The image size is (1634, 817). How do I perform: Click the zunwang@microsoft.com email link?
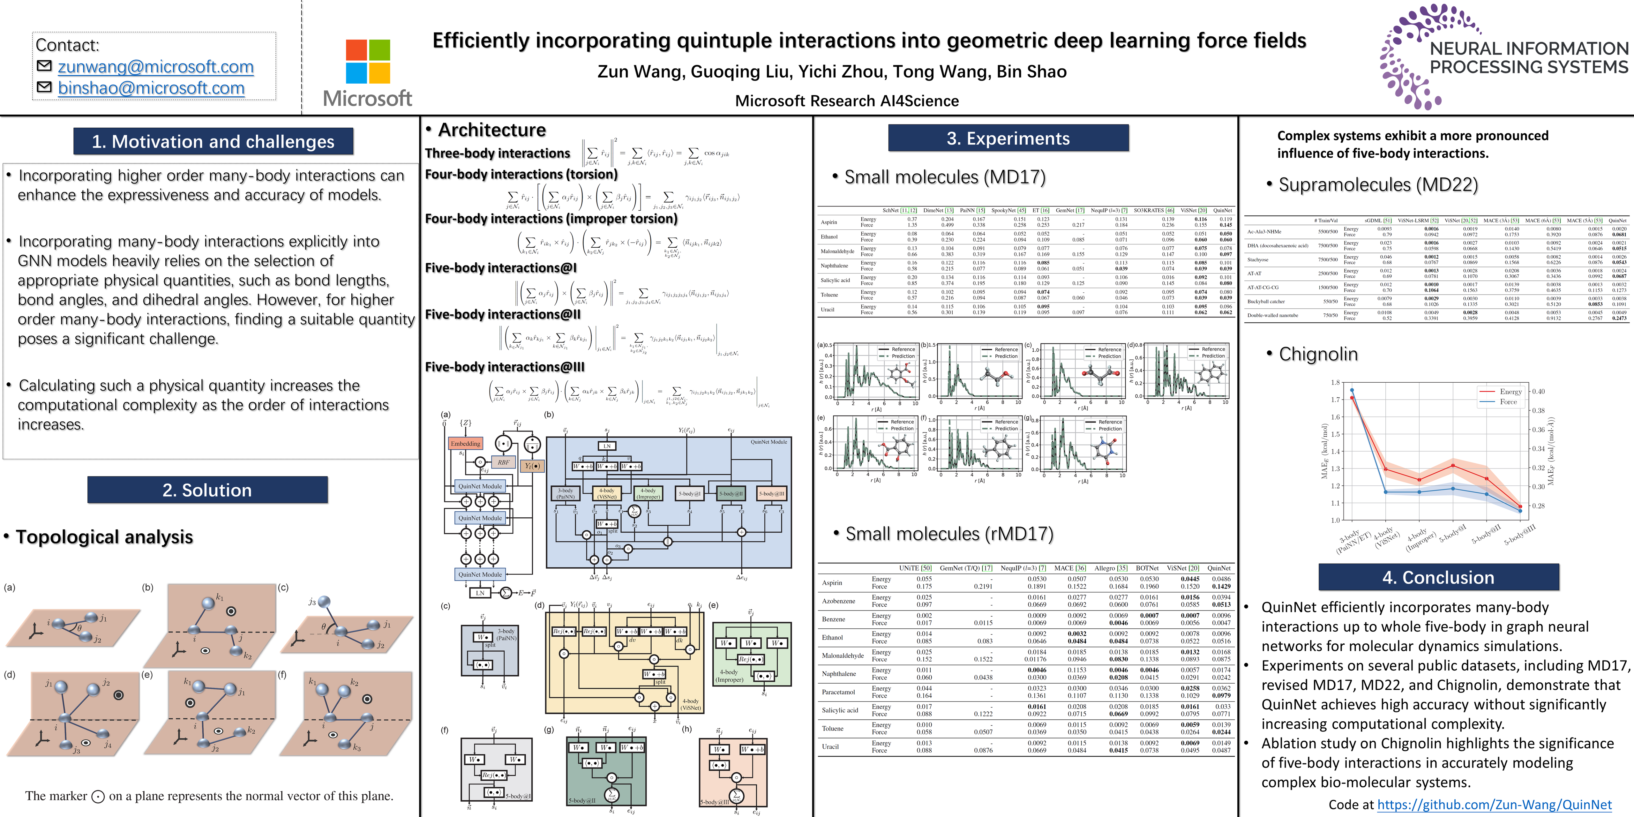[155, 67]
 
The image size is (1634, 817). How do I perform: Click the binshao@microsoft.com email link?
[151, 88]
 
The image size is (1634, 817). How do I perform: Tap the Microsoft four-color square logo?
[368, 62]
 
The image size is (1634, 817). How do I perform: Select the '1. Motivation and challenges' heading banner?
[213, 141]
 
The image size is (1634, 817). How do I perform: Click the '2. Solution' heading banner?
[207, 490]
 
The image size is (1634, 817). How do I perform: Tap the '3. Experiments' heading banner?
[1008, 138]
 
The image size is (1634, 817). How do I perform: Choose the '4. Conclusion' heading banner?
[1438, 577]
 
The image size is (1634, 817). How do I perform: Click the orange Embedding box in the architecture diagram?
[466, 443]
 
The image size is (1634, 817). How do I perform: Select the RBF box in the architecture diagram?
[503, 462]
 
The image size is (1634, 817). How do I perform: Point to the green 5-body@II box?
[731, 493]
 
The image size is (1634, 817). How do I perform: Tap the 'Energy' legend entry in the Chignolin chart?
[1510, 391]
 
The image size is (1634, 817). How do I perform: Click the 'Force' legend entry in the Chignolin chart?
[1508, 401]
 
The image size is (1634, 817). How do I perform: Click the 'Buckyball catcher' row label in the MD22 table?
[1265, 301]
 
